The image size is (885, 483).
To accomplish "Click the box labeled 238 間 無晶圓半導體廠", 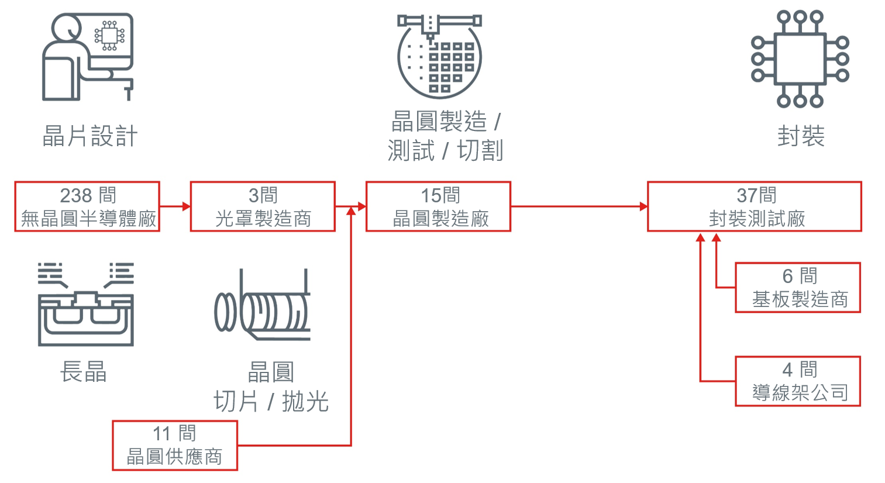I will click(87, 206).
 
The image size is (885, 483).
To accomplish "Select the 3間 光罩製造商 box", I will click(263, 206).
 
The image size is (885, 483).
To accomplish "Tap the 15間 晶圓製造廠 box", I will click(438, 206).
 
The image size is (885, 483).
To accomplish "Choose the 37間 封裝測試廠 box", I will click(754, 206).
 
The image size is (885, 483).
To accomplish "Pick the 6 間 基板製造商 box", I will click(798, 288).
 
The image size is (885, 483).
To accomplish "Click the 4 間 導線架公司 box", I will click(798, 381).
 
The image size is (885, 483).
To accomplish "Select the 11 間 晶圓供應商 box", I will click(175, 445).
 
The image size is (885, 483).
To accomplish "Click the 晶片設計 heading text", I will click(90, 136).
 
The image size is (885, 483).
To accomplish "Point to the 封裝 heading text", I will click(801, 136).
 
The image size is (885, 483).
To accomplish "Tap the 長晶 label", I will click(84, 371).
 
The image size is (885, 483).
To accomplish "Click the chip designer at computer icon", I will click(88, 57).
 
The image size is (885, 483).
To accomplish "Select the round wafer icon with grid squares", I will click(439, 56).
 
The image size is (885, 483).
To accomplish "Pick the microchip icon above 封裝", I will click(800, 58).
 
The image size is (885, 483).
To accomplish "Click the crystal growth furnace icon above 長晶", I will click(85, 304).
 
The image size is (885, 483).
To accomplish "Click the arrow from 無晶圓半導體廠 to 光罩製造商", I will click(175, 206).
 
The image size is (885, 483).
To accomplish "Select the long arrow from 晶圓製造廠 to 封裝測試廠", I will click(578, 206).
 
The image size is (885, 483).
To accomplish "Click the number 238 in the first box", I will click(76, 195).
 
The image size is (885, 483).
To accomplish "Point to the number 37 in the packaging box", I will click(746, 195).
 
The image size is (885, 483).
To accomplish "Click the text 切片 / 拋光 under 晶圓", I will click(271, 402).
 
